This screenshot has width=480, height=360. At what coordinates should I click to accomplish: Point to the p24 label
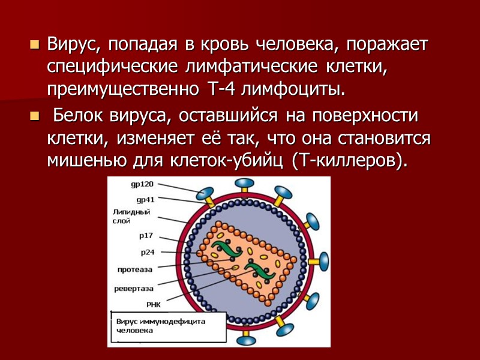click(x=148, y=252)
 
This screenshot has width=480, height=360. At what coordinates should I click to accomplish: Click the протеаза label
click(x=134, y=269)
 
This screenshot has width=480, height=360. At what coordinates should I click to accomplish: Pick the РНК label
click(x=146, y=304)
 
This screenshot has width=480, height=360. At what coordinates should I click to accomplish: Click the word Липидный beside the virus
click(x=130, y=212)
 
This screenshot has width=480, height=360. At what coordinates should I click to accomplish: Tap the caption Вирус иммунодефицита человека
click(x=160, y=325)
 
